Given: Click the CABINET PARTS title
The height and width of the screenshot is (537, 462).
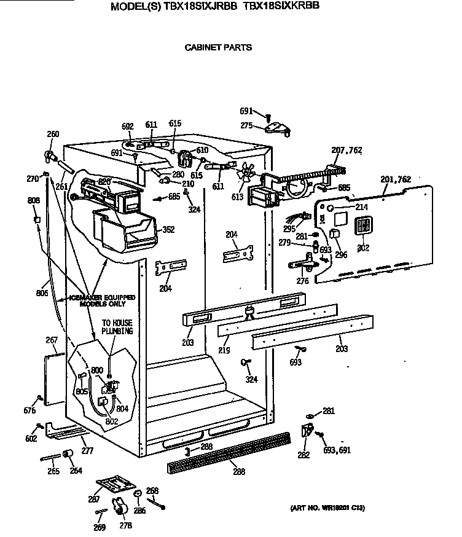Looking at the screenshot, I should coord(218,47).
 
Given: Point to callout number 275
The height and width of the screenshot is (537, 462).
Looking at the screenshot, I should coord(246,125).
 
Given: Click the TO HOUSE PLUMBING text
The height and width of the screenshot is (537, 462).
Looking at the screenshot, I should coord(117,327).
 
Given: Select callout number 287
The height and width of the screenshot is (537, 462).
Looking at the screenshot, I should coord(94,500).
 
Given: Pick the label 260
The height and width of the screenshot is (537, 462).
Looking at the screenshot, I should coord(53,135).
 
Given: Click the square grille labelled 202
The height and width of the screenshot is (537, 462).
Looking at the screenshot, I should coord(364,226).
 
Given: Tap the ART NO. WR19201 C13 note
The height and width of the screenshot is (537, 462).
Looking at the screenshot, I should coord(327,508).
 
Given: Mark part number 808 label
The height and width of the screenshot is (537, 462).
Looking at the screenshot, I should coord(33,200).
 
